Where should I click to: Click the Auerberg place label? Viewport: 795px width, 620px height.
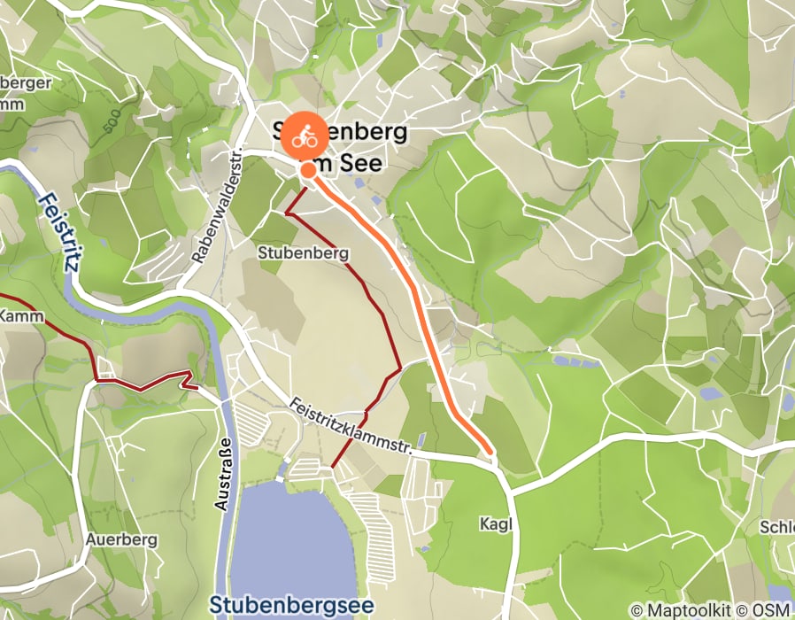click(x=121, y=539)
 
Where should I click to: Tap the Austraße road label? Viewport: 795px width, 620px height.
click(x=223, y=473)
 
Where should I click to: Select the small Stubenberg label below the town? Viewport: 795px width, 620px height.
click(x=303, y=253)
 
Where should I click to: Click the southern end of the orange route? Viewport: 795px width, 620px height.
click(x=489, y=451)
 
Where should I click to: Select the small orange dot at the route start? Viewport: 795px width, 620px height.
click(x=306, y=170)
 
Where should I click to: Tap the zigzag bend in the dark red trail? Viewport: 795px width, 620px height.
click(x=189, y=380)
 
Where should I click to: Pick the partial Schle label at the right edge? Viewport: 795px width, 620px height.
click(x=776, y=527)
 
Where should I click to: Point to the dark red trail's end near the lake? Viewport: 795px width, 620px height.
click(x=332, y=466)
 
